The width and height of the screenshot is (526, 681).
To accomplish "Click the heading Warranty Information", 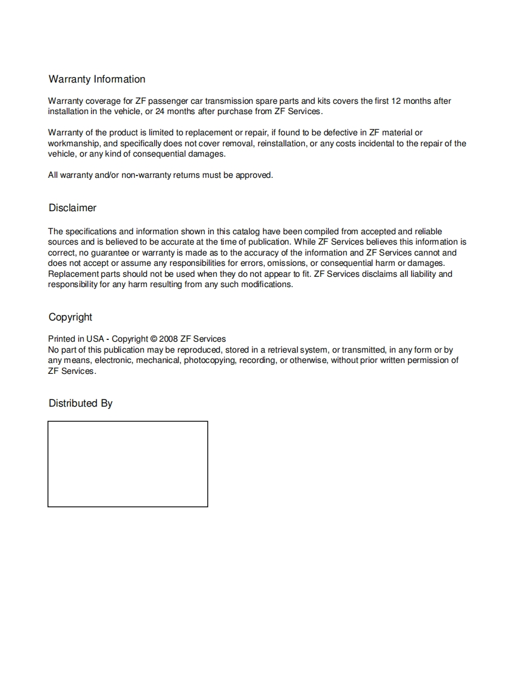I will tap(97, 80).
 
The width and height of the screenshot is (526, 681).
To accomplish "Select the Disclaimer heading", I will tap(72, 208).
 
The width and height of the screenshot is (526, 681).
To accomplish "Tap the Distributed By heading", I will tap(80, 404).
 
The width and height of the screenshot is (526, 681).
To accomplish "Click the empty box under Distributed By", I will tap(128, 464).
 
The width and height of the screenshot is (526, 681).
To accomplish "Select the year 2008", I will tap(168, 339).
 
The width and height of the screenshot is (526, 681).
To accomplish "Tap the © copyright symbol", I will tap(154, 339).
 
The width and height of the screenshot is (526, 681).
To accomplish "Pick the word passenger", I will tap(168, 101).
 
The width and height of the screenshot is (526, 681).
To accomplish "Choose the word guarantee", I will tap(109, 253).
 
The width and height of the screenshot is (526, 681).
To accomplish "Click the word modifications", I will tap(266, 285).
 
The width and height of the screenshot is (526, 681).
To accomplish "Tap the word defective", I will tap(340, 133).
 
